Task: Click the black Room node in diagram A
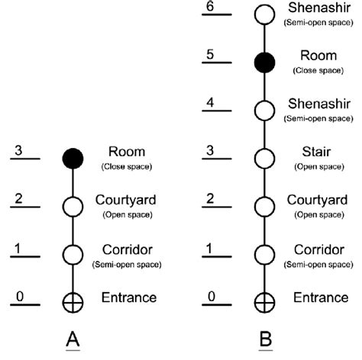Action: [x=73, y=158]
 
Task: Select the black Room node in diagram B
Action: [x=264, y=63]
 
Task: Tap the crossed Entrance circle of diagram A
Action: [x=73, y=301]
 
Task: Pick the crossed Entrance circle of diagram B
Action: [x=264, y=301]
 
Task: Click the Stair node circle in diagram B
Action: [x=264, y=158]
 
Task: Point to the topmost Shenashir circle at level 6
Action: [x=264, y=14]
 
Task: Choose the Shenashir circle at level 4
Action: [x=264, y=111]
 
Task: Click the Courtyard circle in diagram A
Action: [x=73, y=206]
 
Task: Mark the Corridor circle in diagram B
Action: [x=264, y=254]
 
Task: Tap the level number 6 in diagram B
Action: [x=210, y=6]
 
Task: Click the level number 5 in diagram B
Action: [x=210, y=54]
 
